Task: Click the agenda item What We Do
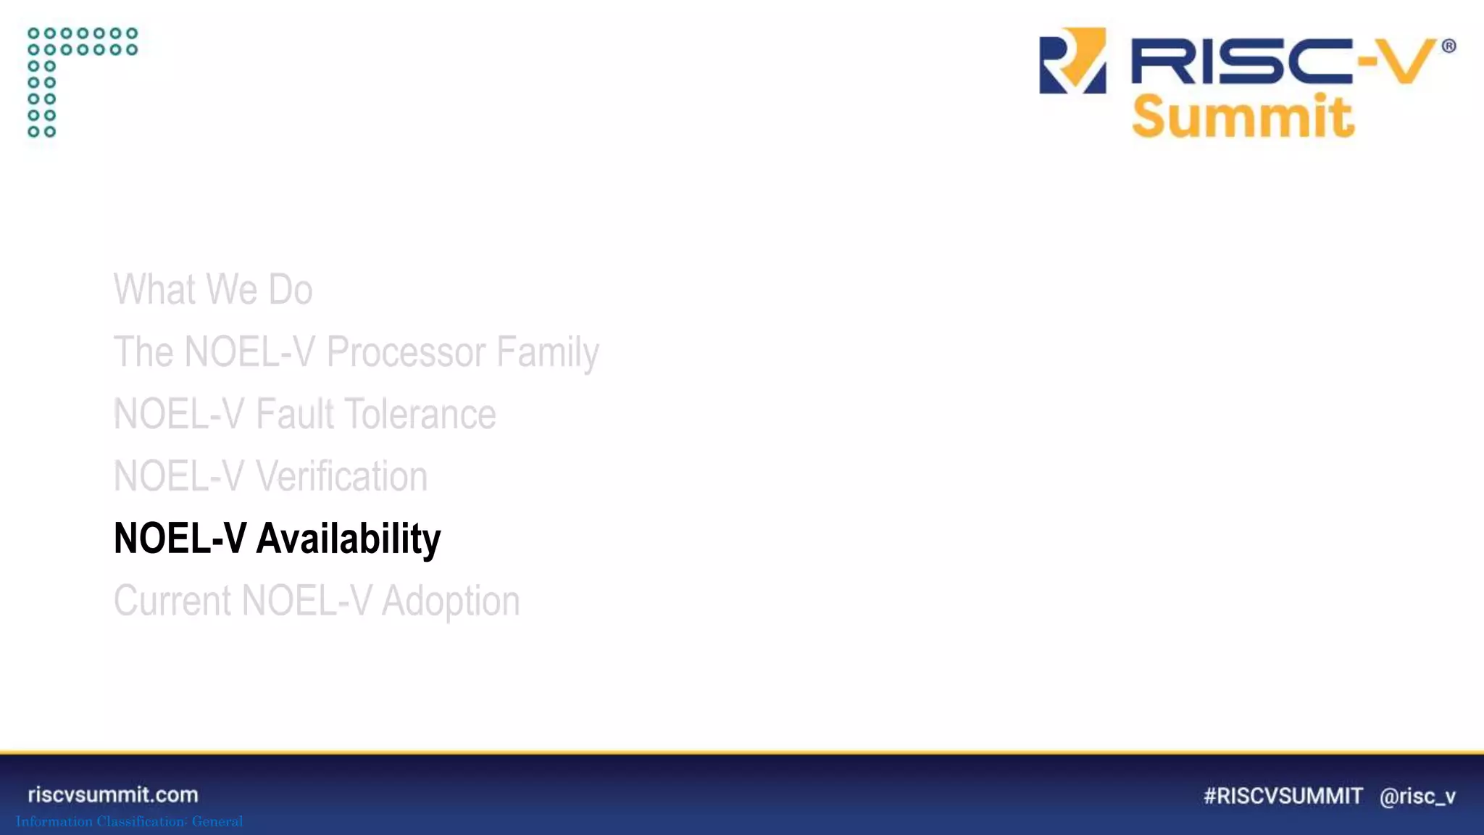coord(213,289)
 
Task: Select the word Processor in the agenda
coord(405,352)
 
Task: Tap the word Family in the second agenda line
coord(548,353)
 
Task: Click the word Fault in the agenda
coord(295,414)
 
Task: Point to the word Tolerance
coord(420,414)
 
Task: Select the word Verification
coord(341,476)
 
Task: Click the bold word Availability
coord(349,539)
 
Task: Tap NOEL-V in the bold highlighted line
coord(180,539)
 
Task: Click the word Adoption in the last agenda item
coord(450,601)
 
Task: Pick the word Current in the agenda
coord(172,601)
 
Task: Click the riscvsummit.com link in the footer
coord(113,794)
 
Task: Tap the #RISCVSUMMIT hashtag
coord(1283,796)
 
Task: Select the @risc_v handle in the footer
coord(1417,797)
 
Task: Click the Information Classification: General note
coord(130,821)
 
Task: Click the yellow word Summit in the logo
coord(1243,117)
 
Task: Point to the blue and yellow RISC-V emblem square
coord(1072,61)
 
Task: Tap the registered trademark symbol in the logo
coord(1448,46)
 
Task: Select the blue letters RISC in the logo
coord(1239,62)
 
